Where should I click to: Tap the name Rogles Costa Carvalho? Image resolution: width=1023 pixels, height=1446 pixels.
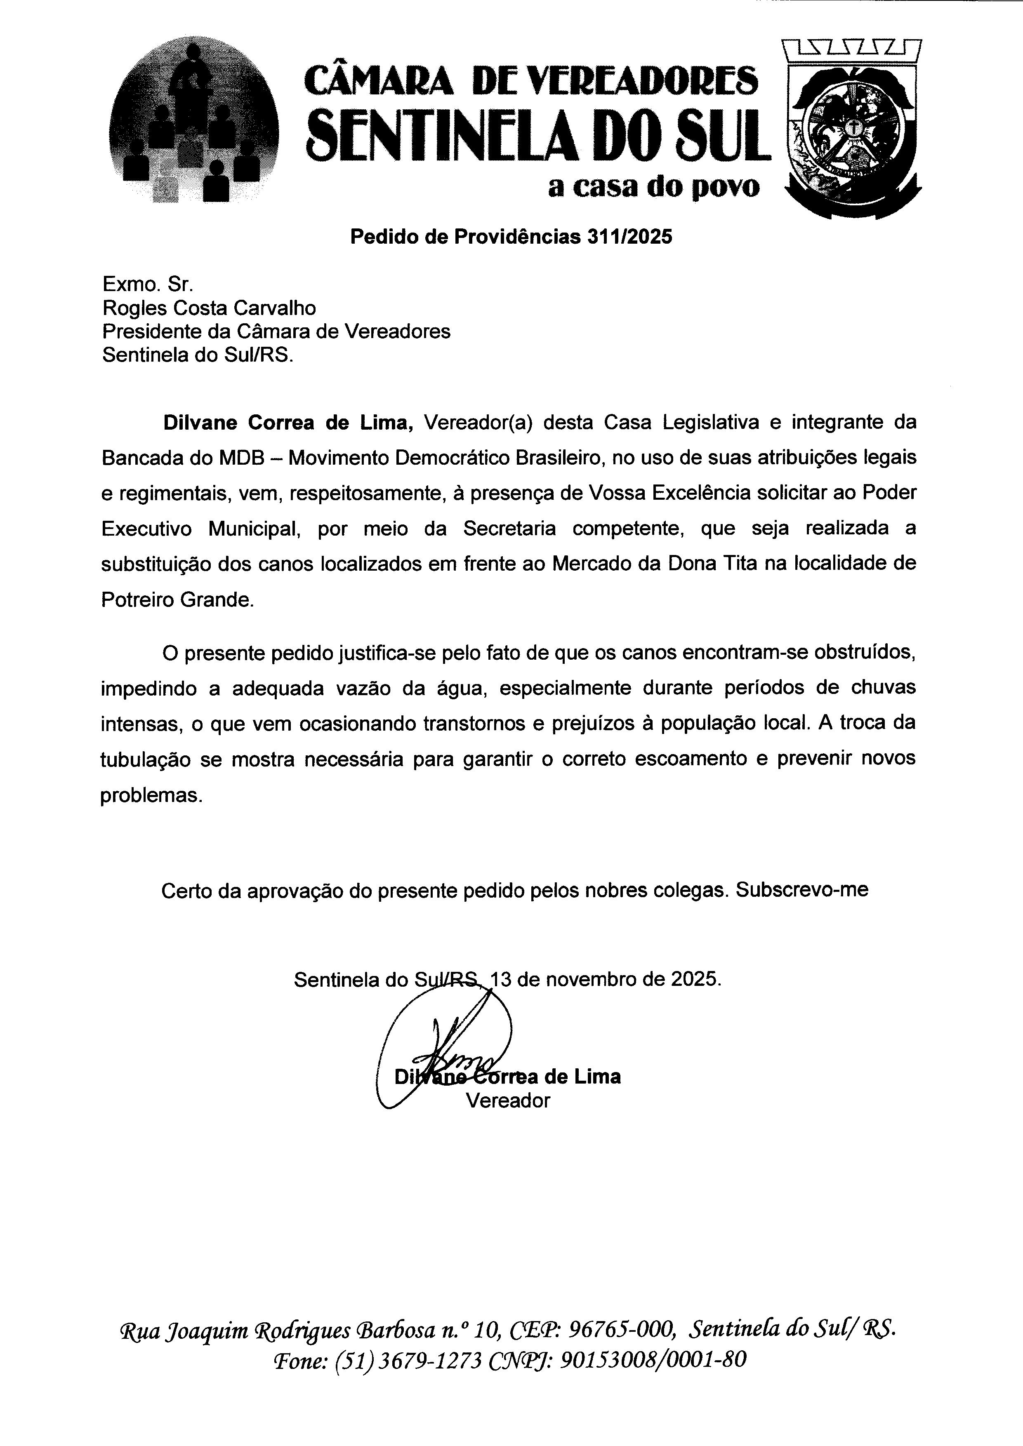209,308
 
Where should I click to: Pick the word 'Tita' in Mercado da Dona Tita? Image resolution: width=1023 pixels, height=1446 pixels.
740,563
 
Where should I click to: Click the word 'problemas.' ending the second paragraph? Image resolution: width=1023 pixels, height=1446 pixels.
152,795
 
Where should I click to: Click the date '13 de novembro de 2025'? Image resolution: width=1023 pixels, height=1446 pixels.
605,979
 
